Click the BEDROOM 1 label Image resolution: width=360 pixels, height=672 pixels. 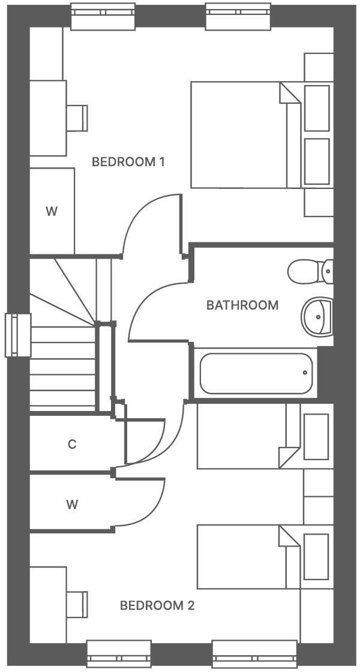pos(128,162)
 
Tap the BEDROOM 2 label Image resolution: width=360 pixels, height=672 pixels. pos(157,605)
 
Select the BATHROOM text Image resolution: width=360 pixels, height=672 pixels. pos(242,305)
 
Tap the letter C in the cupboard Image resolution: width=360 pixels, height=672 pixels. pos(72,445)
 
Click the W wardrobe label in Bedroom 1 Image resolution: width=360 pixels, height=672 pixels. pos(52,211)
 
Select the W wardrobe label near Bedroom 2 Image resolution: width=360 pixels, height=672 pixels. pos(72,505)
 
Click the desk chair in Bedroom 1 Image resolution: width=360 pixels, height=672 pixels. pos(76,118)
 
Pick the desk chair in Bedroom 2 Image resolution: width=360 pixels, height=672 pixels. pos(76,603)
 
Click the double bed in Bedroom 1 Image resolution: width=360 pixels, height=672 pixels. pos(246,135)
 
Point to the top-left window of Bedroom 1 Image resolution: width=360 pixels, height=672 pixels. pos(104,17)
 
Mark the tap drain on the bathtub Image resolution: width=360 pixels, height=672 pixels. pos(305,373)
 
